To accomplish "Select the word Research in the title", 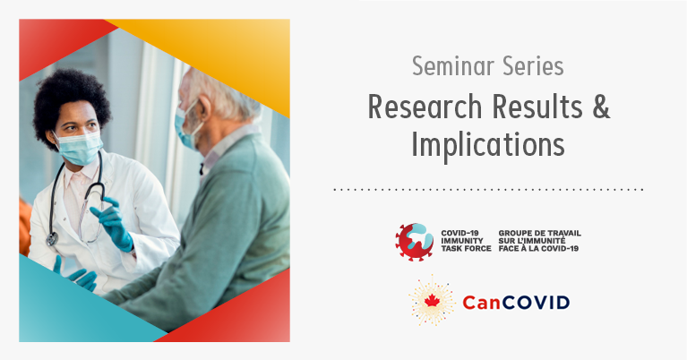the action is tap(425, 107).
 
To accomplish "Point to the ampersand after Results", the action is tap(601, 107).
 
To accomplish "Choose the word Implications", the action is tap(488, 144).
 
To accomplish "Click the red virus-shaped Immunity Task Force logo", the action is tap(414, 242).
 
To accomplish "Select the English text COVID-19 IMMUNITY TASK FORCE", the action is tap(466, 241).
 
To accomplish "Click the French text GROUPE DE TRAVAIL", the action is tap(540, 233).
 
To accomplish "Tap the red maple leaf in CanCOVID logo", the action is tap(432, 300).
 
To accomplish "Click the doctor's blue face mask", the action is tap(80, 147).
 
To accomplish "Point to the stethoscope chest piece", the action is tap(52, 239).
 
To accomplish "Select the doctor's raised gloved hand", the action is tap(114, 223).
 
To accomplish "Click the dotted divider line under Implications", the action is tap(488, 190).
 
